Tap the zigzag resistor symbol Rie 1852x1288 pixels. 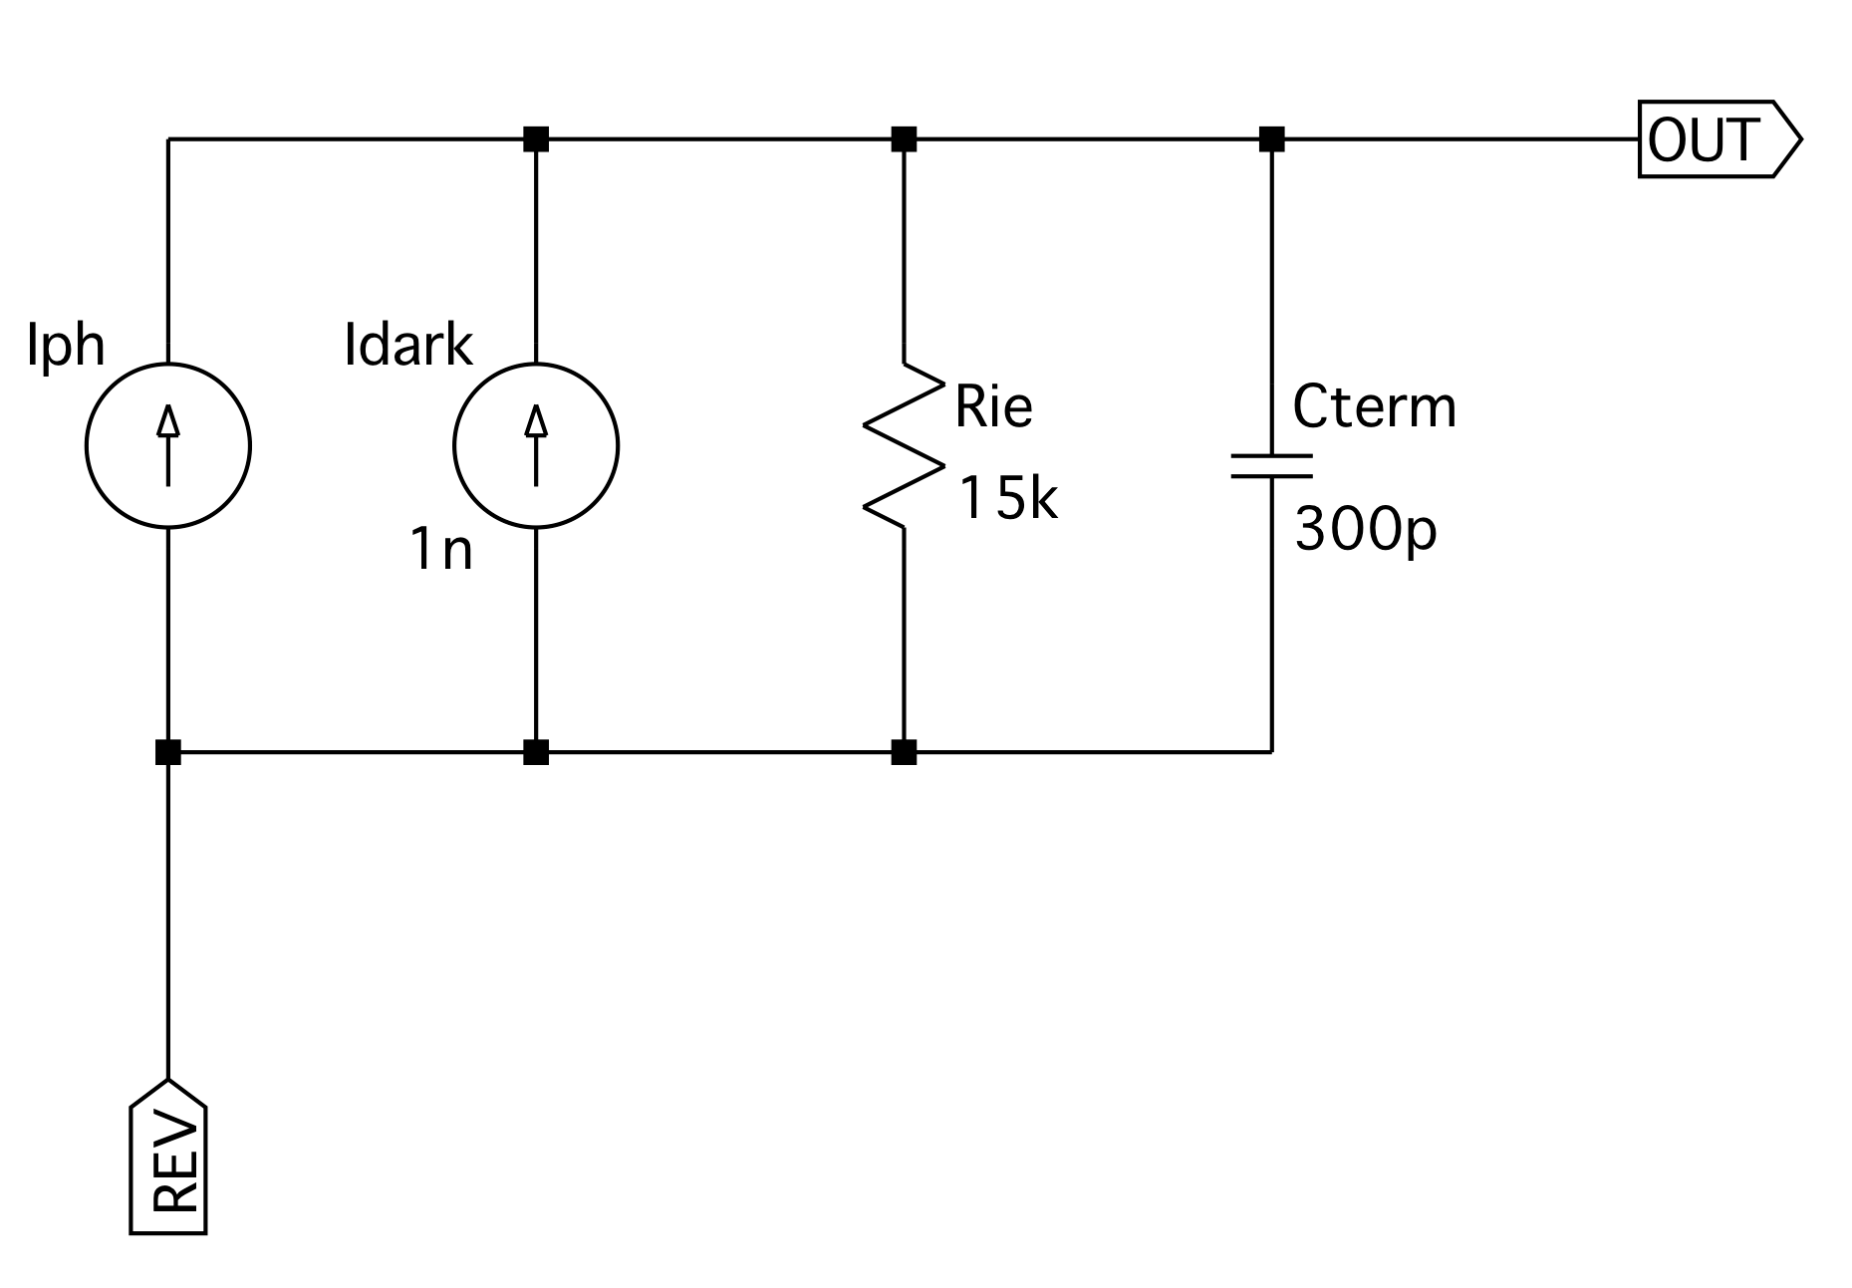tap(904, 445)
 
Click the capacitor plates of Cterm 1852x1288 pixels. tap(1271, 466)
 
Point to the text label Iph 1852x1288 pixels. tap(66, 347)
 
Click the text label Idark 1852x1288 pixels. tap(408, 346)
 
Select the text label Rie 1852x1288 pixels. tap(993, 406)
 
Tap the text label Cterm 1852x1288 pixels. tap(1374, 406)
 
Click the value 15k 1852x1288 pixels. tap(1007, 498)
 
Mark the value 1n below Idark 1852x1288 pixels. tap(441, 549)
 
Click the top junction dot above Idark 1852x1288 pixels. tap(536, 138)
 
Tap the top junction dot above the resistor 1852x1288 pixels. tap(904, 138)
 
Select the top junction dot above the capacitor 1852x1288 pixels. tap(1271, 138)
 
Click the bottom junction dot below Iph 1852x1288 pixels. tap(168, 752)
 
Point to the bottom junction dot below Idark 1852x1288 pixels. tap(536, 752)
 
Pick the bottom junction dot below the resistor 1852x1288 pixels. tap(904, 752)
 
